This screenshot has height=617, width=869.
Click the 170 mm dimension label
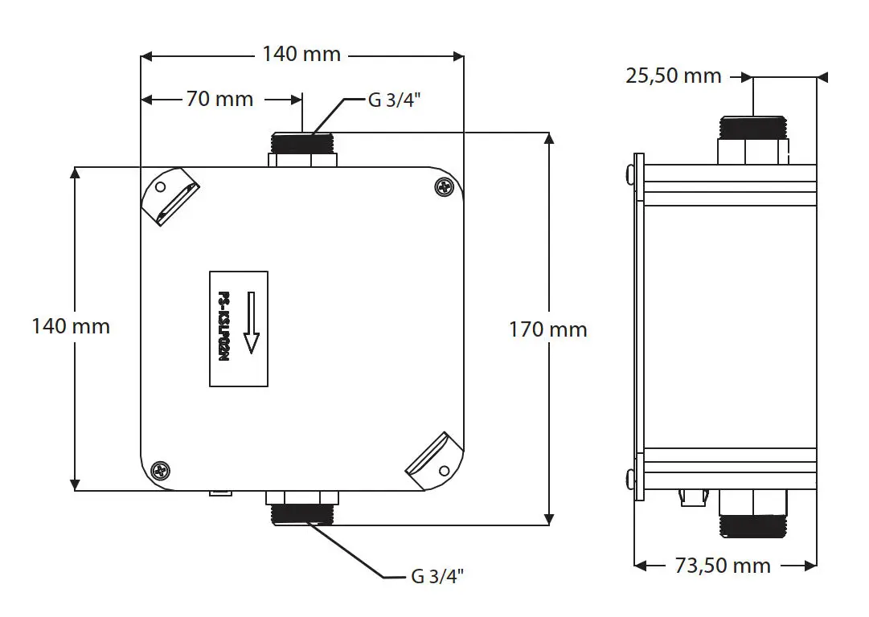pyautogui.click(x=548, y=329)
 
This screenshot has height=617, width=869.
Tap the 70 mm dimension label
pyautogui.click(x=219, y=99)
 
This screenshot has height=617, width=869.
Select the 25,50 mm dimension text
pyautogui.click(x=674, y=76)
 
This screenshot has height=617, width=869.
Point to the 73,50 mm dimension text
pyautogui.click(x=723, y=566)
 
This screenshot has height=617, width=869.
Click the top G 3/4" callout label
pyautogui.click(x=395, y=100)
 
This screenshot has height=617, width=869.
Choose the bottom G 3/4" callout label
pyautogui.click(x=437, y=576)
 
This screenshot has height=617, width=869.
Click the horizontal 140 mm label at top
pyautogui.click(x=301, y=55)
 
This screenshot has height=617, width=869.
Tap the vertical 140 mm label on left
pyautogui.click(x=71, y=326)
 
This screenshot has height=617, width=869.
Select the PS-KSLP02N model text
pyautogui.click(x=223, y=327)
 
